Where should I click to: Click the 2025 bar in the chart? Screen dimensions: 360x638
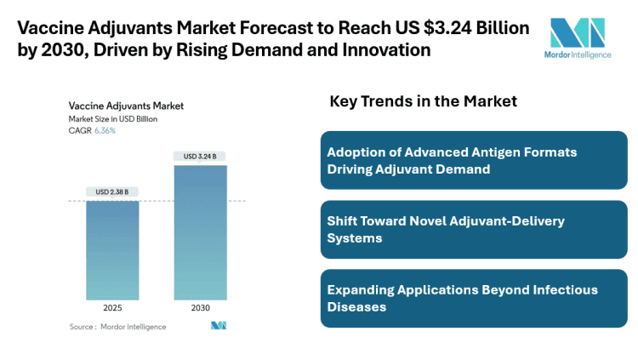click(x=112, y=250)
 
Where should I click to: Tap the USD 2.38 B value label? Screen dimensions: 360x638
click(x=112, y=191)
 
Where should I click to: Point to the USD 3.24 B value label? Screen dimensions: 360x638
click(x=200, y=156)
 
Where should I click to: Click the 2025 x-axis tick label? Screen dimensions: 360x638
click(x=112, y=307)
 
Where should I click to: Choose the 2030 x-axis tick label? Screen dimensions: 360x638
click(x=200, y=307)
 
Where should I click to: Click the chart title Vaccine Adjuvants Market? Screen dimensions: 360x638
click(x=126, y=106)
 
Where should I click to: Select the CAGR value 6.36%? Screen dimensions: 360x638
click(x=104, y=131)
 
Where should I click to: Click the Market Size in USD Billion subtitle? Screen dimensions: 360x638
click(x=113, y=119)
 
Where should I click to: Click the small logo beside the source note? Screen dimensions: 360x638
click(x=219, y=326)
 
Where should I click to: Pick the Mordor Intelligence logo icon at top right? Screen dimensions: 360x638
click(x=578, y=32)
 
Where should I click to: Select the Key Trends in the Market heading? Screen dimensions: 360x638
click(x=423, y=102)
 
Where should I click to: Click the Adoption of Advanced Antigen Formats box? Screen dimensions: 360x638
click(x=474, y=160)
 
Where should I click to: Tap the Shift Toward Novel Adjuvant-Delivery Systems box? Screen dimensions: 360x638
click(x=474, y=230)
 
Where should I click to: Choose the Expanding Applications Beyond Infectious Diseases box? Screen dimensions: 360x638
click(x=474, y=298)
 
